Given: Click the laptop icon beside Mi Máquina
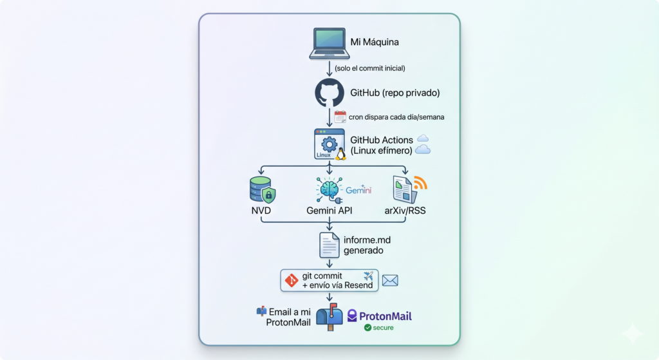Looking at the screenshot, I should point(329,43).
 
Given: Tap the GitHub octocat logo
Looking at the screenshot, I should point(329,93).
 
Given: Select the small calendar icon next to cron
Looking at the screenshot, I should point(340,117).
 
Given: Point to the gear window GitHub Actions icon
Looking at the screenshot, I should point(328,144).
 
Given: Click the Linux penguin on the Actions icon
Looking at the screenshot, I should point(340,154).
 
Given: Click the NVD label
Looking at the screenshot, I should point(261,211).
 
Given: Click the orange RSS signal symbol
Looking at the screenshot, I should point(420,183).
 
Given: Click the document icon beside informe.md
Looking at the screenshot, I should point(329,245).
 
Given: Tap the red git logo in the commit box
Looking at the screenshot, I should point(292,280).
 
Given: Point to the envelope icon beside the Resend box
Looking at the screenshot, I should point(390,280).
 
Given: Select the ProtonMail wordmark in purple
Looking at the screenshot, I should point(385,316).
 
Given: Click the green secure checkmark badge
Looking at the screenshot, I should point(368,328).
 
